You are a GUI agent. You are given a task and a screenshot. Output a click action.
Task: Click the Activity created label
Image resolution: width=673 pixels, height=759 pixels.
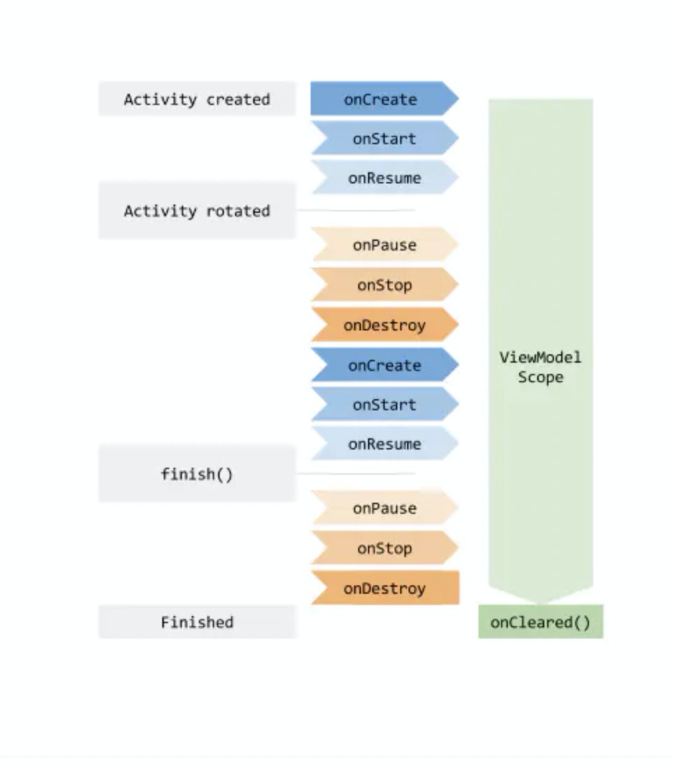click(197, 99)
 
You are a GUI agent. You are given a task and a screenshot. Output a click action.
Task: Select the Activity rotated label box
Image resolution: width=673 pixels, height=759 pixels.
click(197, 211)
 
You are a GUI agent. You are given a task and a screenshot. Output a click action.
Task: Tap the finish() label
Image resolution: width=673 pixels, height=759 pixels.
click(197, 474)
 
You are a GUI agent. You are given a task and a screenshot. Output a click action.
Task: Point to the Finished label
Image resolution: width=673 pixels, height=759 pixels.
click(197, 622)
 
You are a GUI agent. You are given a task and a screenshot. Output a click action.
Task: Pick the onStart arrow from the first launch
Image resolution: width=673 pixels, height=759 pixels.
click(384, 139)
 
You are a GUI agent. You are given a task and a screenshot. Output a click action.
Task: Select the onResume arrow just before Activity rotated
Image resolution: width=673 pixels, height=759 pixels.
click(384, 178)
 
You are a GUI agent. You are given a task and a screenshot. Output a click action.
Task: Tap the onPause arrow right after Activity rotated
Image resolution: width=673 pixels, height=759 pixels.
click(384, 245)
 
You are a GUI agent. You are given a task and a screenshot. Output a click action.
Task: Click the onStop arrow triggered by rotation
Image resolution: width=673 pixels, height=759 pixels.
click(384, 285)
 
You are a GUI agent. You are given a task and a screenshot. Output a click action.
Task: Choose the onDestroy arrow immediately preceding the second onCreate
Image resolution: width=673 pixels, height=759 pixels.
click(384, 325)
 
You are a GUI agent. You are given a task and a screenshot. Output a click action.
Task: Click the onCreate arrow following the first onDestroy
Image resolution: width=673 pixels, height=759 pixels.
click(384, 365)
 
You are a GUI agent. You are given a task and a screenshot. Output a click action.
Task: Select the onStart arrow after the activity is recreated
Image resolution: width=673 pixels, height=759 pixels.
click(384, 405)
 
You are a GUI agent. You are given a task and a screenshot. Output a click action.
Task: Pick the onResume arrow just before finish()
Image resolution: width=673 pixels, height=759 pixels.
click(384, 444)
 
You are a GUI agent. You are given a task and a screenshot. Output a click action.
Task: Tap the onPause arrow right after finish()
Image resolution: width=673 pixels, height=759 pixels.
click(384, 508)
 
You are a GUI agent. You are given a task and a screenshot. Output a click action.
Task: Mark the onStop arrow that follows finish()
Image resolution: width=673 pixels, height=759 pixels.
click(384, 548)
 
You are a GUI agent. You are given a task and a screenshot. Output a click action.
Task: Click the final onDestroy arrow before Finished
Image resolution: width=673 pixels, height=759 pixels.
click(384, 588)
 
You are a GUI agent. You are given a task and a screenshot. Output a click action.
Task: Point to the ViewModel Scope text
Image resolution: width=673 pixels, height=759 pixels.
click(540, 367)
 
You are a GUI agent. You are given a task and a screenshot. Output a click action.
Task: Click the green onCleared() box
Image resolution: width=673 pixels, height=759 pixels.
click(540, 622)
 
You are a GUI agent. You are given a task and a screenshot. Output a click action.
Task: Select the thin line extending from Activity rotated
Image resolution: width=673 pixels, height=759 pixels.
click(357, 210)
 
